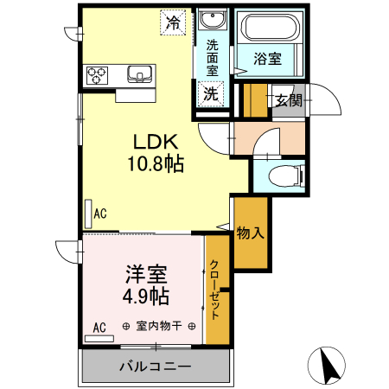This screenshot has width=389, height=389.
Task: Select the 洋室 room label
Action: (146, 274)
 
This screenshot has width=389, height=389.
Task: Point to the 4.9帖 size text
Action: (145, 296)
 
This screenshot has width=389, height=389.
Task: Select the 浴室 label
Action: (267, 59)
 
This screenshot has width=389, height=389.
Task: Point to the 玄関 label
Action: (288, 99)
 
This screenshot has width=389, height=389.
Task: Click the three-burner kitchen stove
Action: (96, 74)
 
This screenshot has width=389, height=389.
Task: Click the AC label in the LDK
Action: (100, 212)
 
